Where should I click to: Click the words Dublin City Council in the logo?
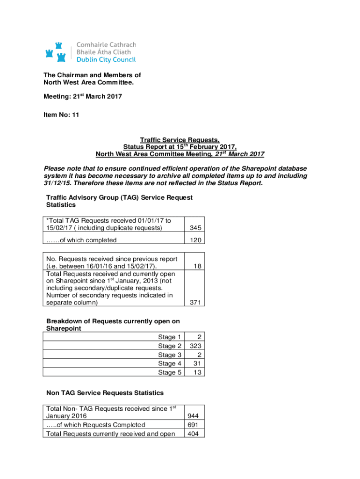click(106, 60)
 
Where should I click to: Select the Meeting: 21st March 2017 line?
click(82, 96)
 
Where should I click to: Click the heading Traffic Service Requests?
click(180, 140)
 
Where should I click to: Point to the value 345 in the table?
click(195, 228)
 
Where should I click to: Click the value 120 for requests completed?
click(195, 240)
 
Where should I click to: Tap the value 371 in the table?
click(195, 303)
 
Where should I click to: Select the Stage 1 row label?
click(170, 337)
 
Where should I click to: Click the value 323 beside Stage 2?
click(195, 346)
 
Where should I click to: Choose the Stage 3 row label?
click(170, 355)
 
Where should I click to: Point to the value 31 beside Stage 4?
click(197, 363)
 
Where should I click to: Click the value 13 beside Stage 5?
click(197, 372)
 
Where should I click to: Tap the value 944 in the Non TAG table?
click(193, 416)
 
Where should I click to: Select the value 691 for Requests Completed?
click(193, 425)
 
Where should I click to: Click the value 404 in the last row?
click(193, 434)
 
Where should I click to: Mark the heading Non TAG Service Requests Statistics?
click(105, 392)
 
